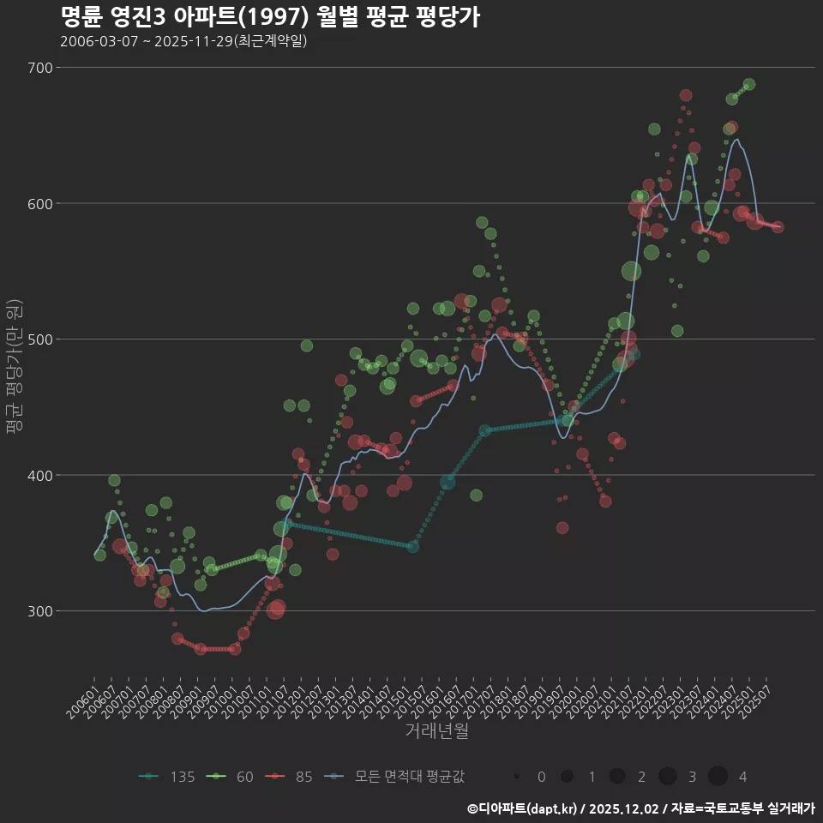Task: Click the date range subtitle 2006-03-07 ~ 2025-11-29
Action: [183, 41]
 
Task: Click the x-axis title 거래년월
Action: [436, 731]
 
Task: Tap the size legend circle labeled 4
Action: [718, 777]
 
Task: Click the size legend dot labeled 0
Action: [517, 777]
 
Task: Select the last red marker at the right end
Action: [778, 227]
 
